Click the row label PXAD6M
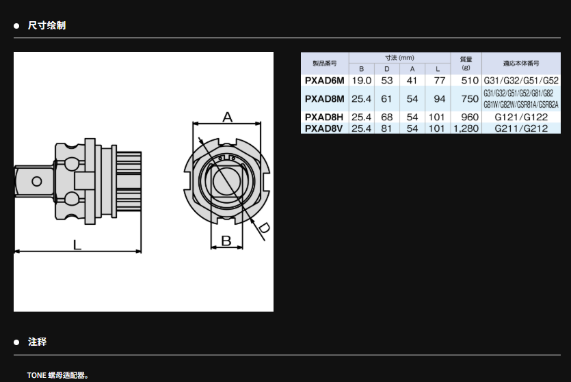pyautogui.click(x=324, y=81)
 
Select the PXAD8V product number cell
pyautogui.click(x=323, y=128)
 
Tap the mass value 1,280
pyautogui.click(x=466, y=128)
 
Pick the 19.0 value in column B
pyautogui.click(x=361, y=81)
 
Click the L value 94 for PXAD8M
pyautogui.click(x=440, y=98)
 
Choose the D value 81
pyautogui.click(x=387, y=128)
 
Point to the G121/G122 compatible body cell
pyautogui.click(x=521, y=117)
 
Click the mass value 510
pyautogui.click(x=470, y=81)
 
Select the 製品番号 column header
pyautogui.click(x=324, y=64)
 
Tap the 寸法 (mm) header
pyautogui.click(x=399, y=58)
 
